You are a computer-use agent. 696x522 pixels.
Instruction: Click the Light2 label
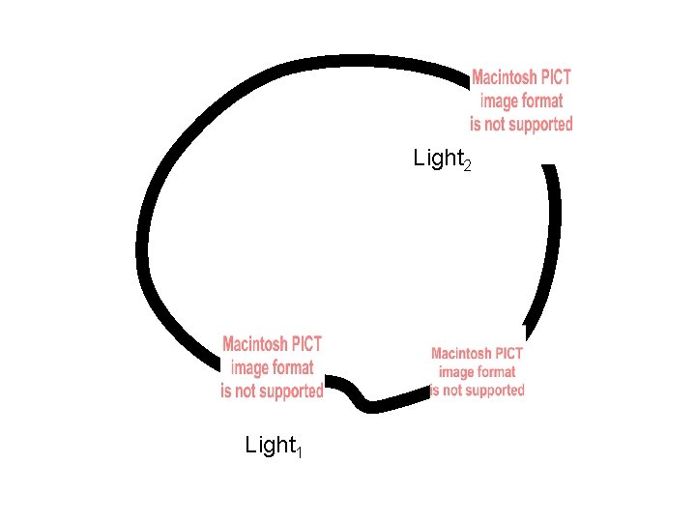(441, 158)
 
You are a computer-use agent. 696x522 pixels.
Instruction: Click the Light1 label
(274, 446)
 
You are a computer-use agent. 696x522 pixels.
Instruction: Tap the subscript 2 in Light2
(468, 165)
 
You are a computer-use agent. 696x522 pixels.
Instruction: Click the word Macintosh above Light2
(505, 76)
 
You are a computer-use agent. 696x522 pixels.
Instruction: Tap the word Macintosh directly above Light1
(255, 344)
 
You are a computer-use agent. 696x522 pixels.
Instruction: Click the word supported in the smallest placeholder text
(495, 391)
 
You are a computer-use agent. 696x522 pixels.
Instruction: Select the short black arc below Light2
(553, 242)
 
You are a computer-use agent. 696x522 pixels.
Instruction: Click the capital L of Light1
(251, 446)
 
